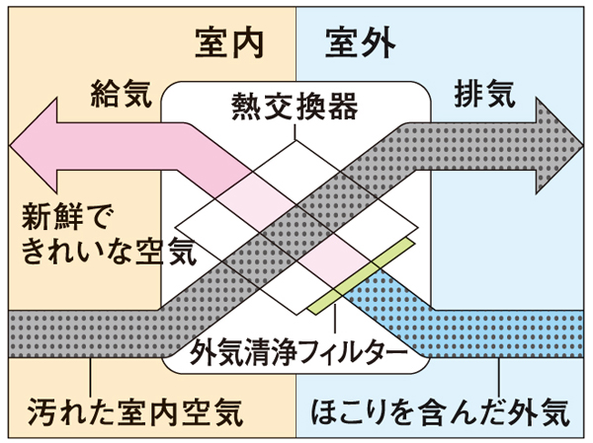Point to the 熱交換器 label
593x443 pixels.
click(x=294, y=103)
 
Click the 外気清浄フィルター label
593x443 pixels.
click(x=296, y=350)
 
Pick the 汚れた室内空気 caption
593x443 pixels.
click(x=135, y=408)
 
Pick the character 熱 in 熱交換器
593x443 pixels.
click(x=247, y=103)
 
